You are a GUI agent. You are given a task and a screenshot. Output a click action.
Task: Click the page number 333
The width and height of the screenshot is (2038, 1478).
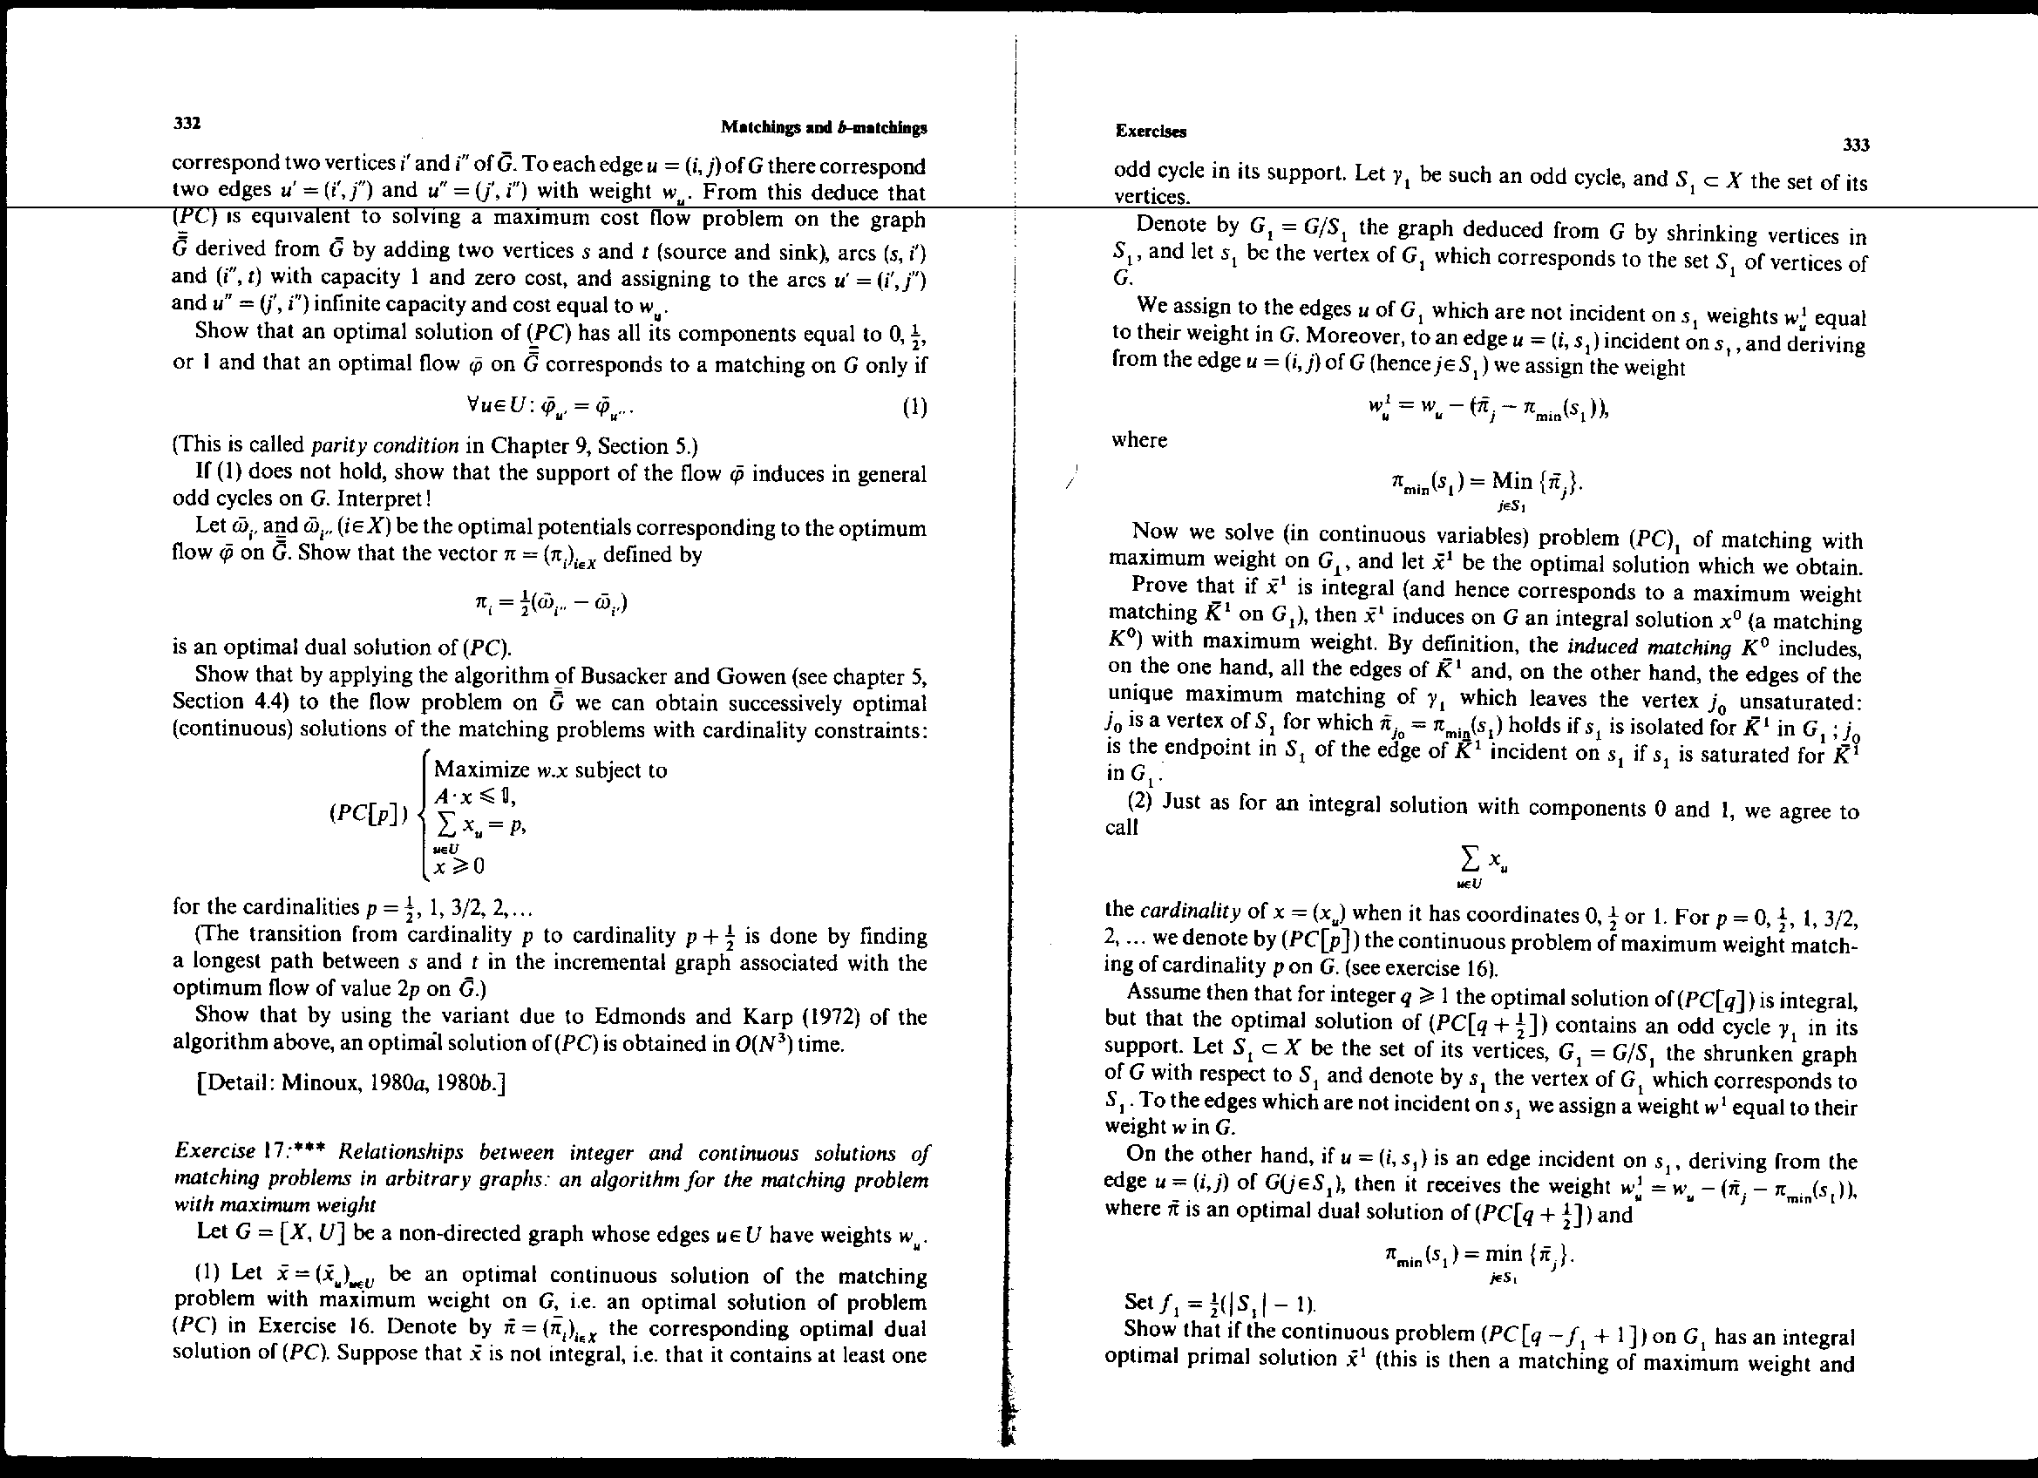coord(1856,145)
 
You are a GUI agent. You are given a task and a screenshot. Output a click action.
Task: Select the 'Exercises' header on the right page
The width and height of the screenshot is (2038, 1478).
coord(1151,132)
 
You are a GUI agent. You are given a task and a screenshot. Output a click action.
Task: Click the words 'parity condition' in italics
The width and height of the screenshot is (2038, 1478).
coord(384,445)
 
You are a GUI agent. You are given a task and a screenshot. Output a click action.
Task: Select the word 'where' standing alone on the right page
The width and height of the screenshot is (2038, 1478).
coord(1138,440)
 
